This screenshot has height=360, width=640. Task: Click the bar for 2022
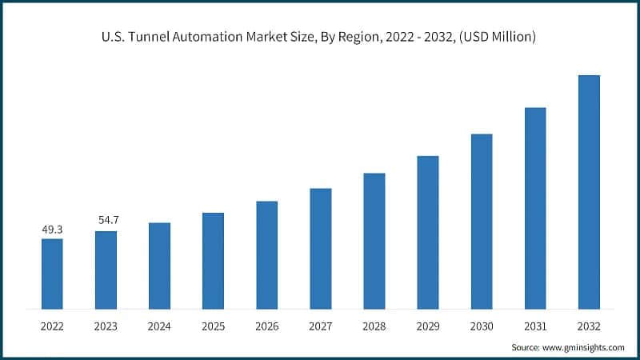point(52,274)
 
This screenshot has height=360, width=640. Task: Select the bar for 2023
point(106,270)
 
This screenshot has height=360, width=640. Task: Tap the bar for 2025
point(213,261)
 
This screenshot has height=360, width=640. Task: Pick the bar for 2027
point(320,248)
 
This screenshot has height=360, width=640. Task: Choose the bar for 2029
point(428,232)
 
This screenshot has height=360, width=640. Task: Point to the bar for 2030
point(482,221)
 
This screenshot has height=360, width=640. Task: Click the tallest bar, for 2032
point(589,192)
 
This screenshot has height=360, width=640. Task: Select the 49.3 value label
point(52,230)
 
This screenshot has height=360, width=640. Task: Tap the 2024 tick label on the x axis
point(159,326)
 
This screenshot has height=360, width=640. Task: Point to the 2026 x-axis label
point(266,326)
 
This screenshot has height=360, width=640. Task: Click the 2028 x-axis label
point(374,326)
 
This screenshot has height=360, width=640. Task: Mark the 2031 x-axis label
point(535,326)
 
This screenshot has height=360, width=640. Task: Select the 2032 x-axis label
point(589,326)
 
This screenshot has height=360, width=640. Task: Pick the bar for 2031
point(535,208)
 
